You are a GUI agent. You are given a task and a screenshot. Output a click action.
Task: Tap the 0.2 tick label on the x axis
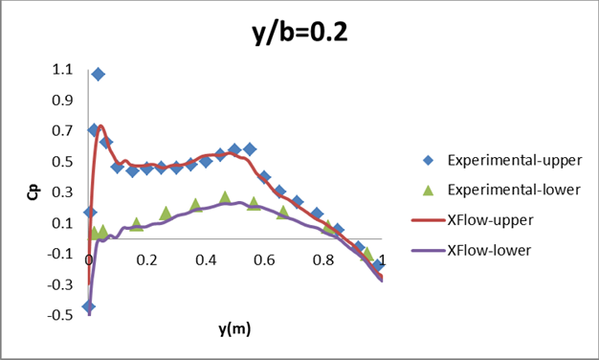click(x=147, y=260)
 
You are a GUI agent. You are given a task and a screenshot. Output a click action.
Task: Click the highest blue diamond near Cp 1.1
click(x=98, y=74)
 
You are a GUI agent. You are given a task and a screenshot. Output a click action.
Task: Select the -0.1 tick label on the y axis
click(x=58, y=254)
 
